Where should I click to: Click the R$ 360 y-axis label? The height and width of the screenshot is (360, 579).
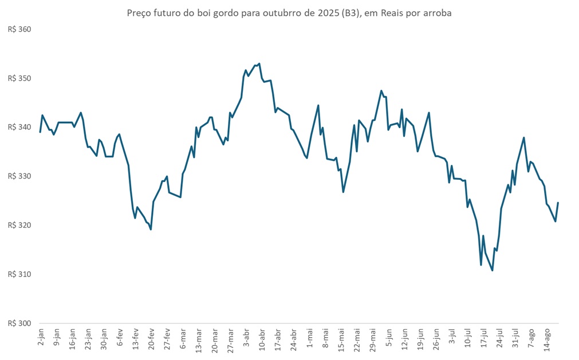point(19,29)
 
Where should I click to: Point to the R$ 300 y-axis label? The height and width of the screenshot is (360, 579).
point(19,323)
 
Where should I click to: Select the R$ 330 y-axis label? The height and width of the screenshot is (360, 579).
point(19,176)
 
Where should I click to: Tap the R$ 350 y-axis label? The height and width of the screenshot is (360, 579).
point(19,78)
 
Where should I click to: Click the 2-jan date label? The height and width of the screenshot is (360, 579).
point(41,337)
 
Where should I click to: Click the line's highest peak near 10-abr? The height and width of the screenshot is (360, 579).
point(259,64)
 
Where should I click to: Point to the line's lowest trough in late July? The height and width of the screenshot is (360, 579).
point(493,270)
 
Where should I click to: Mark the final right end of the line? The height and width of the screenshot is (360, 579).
point(558,203)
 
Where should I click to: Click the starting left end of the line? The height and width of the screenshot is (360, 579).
point(40,132)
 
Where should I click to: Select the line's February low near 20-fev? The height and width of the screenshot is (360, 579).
point(151,229)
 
